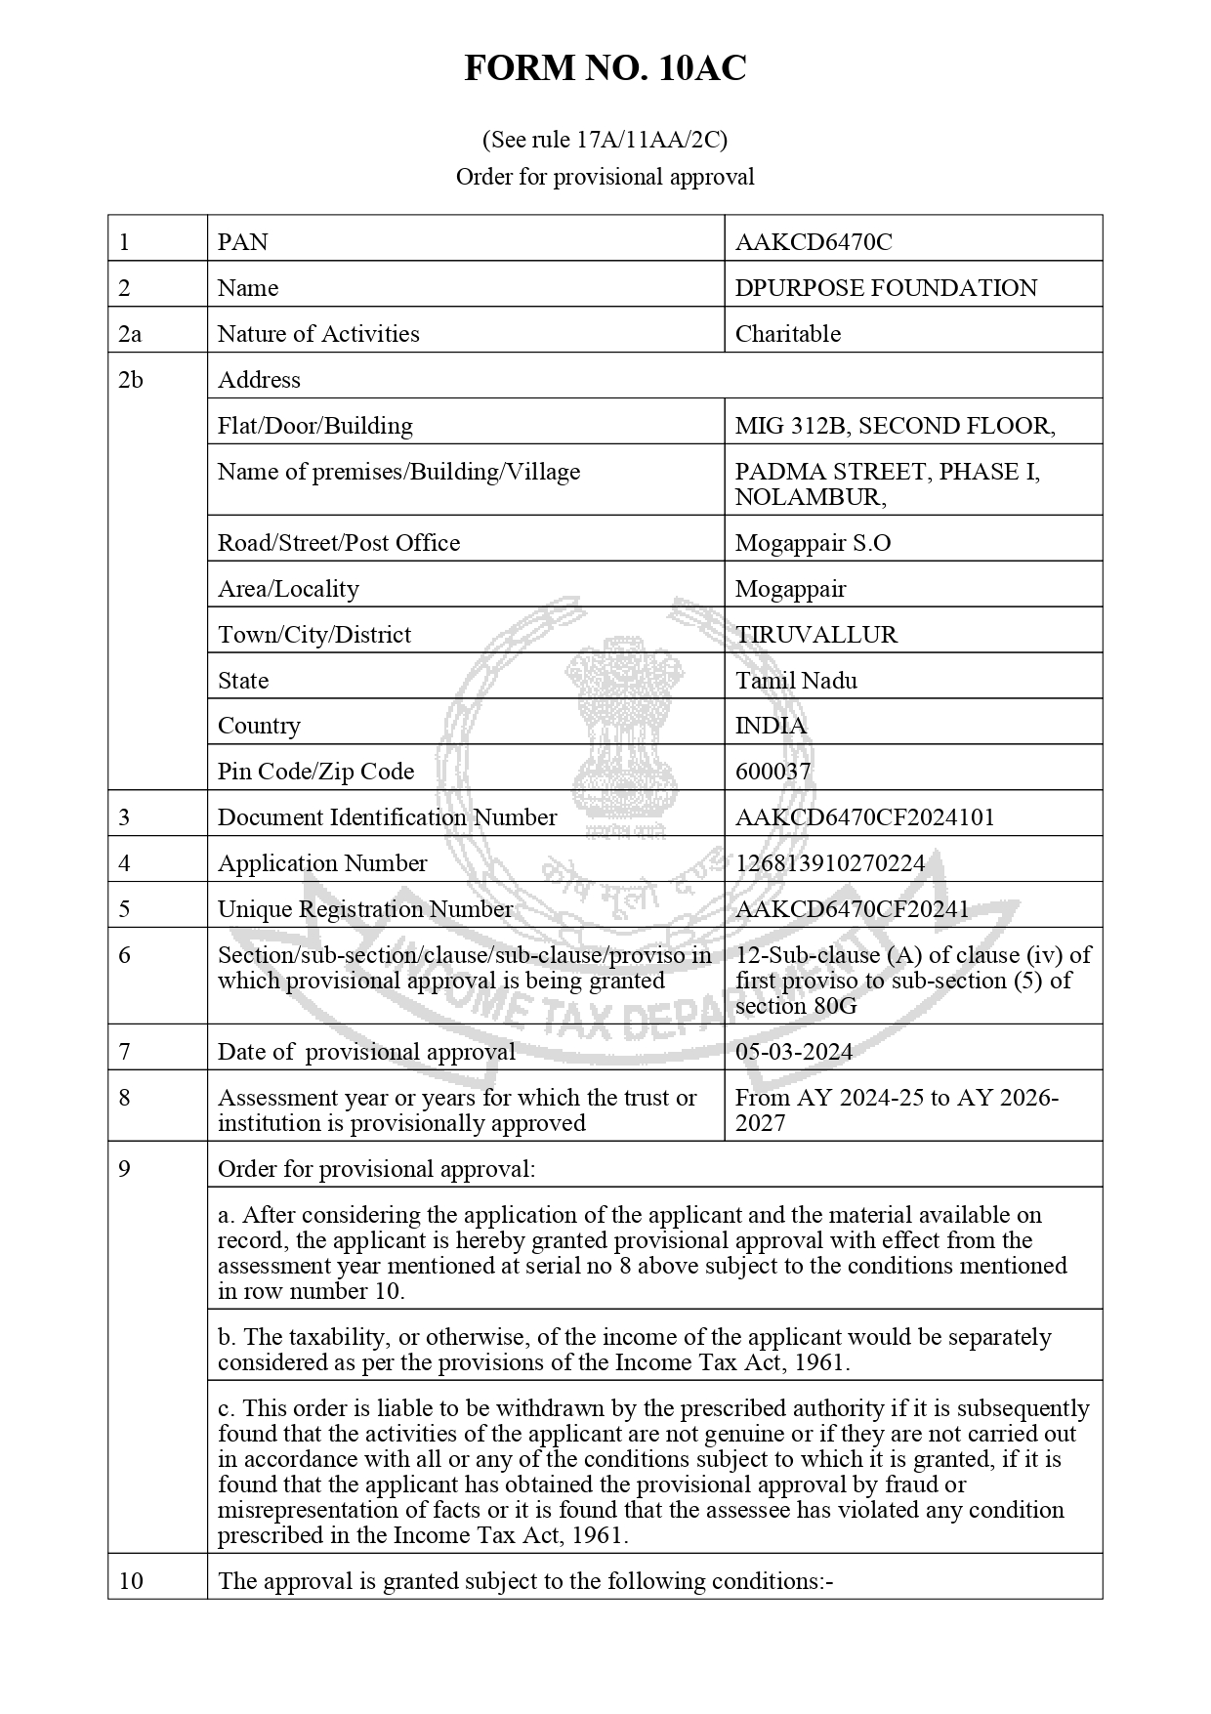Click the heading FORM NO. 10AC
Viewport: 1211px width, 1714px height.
pos(605,68)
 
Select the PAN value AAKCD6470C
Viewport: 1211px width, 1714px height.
pos(814,242)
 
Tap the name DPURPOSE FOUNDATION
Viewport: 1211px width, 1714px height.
pos(886,288)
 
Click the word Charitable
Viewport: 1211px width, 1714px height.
pos(787,334)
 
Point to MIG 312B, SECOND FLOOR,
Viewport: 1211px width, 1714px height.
pos(895,426)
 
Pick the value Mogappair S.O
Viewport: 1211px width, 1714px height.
pos(813,543)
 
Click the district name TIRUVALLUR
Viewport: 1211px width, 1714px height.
pos(816,635)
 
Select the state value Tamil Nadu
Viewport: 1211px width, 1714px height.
pos(796,681)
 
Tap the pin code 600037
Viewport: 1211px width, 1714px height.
pos(773,772)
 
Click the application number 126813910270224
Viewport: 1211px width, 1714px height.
pos(830,863)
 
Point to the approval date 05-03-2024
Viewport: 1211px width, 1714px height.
pos(794,1052)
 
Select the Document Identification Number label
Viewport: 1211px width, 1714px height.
pos(387,817)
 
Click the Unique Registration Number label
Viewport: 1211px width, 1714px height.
pos(364,909)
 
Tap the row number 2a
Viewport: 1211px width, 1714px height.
pos(130,334)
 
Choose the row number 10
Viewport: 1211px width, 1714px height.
pos(130,1581)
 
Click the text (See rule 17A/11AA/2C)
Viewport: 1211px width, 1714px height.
pos(605,140)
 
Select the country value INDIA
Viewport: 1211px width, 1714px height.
pos(771,726)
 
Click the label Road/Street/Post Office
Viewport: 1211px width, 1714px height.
pos(338,543)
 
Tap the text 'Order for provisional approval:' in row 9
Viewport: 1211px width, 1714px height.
pos(376,1169)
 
